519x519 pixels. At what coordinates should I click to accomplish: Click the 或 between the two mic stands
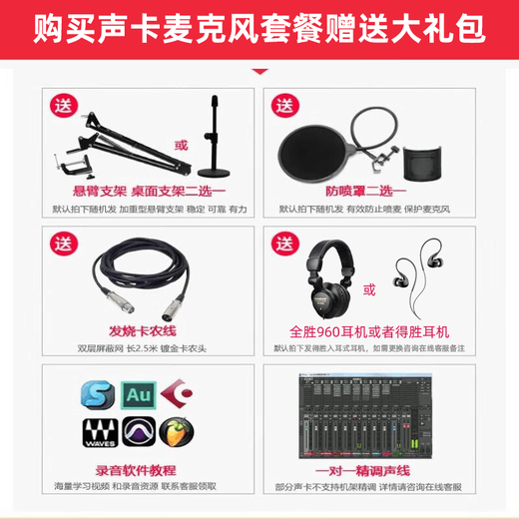pyautogui.click(x=181, y=147)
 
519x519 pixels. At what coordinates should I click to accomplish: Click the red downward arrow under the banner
pyautogui.click(x=260, y=70)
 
